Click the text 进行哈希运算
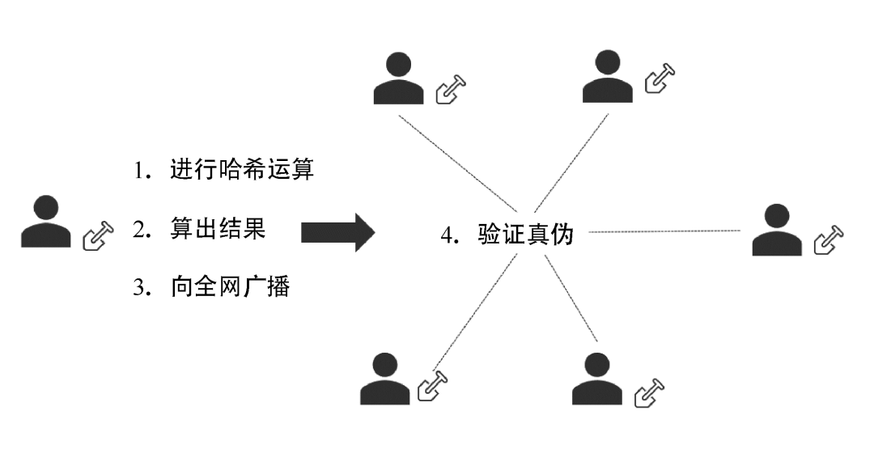242,171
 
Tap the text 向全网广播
230,286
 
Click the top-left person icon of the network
398,78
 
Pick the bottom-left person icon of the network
385,379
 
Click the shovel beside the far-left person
99,235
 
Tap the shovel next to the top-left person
452,89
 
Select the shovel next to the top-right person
660,78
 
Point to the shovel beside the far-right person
829,240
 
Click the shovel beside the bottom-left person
432,387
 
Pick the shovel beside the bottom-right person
649,393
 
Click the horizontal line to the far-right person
664,232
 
